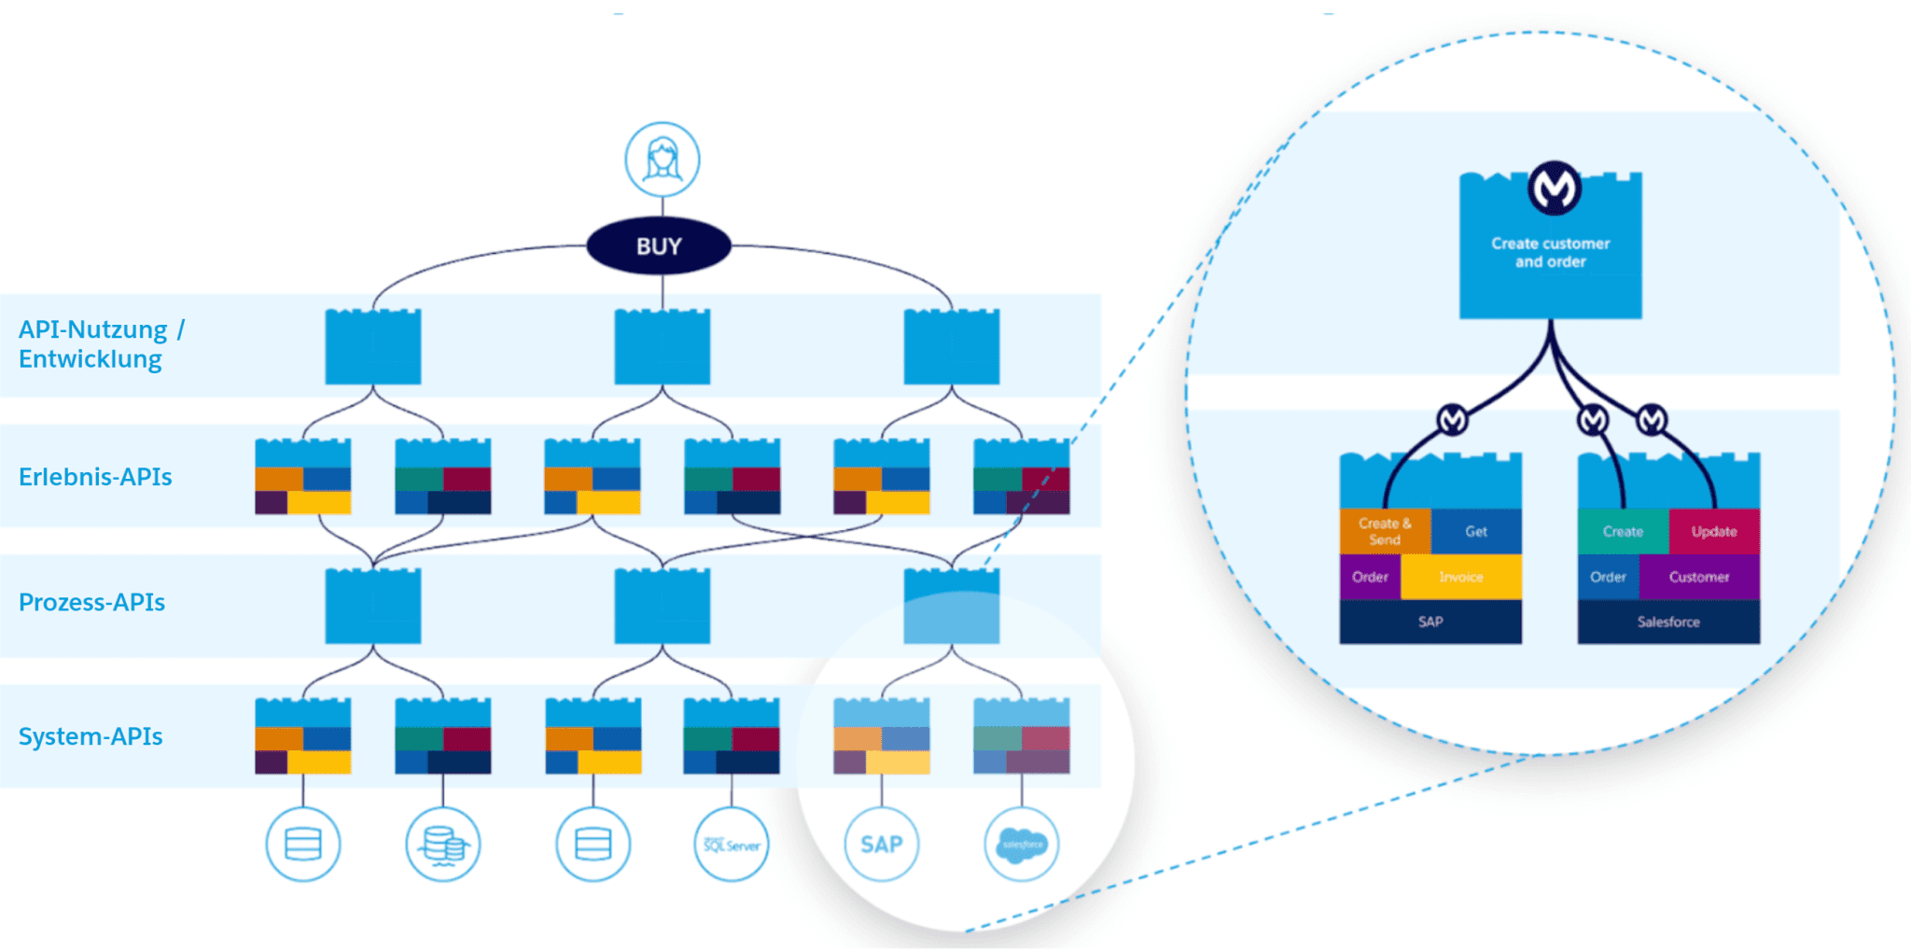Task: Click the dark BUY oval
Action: coord(659,246)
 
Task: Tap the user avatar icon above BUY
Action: coord(663,159)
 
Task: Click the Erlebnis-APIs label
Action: coord(95,477)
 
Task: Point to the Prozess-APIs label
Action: coord(91,602)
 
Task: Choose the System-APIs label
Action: coord(91,736)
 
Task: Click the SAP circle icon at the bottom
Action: coord(882,845)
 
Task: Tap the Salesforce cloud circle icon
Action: coord(1022,845)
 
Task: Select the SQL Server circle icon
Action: coord(732,845)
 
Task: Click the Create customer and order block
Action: coord(1550,253)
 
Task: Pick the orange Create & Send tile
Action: coord(1385,531)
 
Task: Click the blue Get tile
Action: coord(1476,531)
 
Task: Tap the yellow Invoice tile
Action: coord(1461,577)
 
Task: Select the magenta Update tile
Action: coord(1714,531)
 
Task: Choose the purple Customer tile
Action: coord(1699,577)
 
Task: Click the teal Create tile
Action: coord(1623,531)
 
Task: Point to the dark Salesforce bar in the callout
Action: coord(1668,622)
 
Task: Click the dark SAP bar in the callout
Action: coord(1430,622)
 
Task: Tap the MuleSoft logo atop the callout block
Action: coord(1554,188)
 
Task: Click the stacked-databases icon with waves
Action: coord(443,845)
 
